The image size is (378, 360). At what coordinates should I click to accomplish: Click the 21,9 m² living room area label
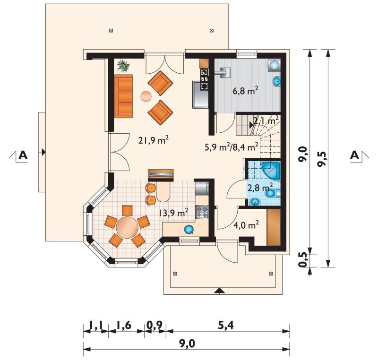[153, 140]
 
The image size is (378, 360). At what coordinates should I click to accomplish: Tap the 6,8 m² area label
[245, 91]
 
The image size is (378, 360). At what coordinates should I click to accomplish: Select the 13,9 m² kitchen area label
[173, 213]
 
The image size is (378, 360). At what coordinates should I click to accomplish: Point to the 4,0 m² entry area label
[246, 225]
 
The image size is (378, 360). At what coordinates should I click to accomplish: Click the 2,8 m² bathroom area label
[260, 187]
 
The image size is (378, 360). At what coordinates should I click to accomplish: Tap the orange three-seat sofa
[123, 96]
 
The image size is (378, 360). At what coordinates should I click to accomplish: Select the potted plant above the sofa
[123, 66]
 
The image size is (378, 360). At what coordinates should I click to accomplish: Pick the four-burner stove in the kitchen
[202, 212]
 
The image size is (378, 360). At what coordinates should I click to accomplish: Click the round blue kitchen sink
[189, 230]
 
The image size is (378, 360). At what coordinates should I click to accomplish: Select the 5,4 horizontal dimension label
[226, 326]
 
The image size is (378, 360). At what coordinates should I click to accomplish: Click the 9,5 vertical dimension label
[322, 159]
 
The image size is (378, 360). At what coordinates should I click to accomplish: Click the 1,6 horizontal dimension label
[124, 326]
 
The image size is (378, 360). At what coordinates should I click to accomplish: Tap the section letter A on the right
[354, 155]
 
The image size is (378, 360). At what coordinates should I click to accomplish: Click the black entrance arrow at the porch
[219, 291]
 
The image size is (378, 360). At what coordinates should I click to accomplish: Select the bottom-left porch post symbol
[175, 274]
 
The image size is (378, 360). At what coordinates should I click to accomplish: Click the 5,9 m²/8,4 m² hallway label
[232, 147]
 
